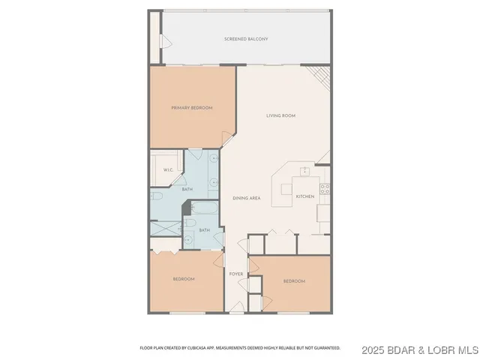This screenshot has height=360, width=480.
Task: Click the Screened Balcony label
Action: click(246, 38)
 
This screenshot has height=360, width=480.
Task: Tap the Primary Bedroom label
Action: click(191, 108)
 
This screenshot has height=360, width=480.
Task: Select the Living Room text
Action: click(281, 115)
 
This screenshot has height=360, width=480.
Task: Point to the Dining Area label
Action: click(246, 198)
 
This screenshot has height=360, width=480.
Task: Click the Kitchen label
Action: click(304, 196)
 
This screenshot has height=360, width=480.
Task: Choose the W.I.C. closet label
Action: click(169, 170)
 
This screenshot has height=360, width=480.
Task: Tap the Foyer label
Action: click(236, 274)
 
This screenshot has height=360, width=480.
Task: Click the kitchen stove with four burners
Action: click(325, 188)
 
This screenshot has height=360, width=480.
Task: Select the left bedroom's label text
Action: click(184, 279)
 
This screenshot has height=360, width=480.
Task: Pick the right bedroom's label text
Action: click(294, 281)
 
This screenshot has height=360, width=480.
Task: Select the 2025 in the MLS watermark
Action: click(373, 349)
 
